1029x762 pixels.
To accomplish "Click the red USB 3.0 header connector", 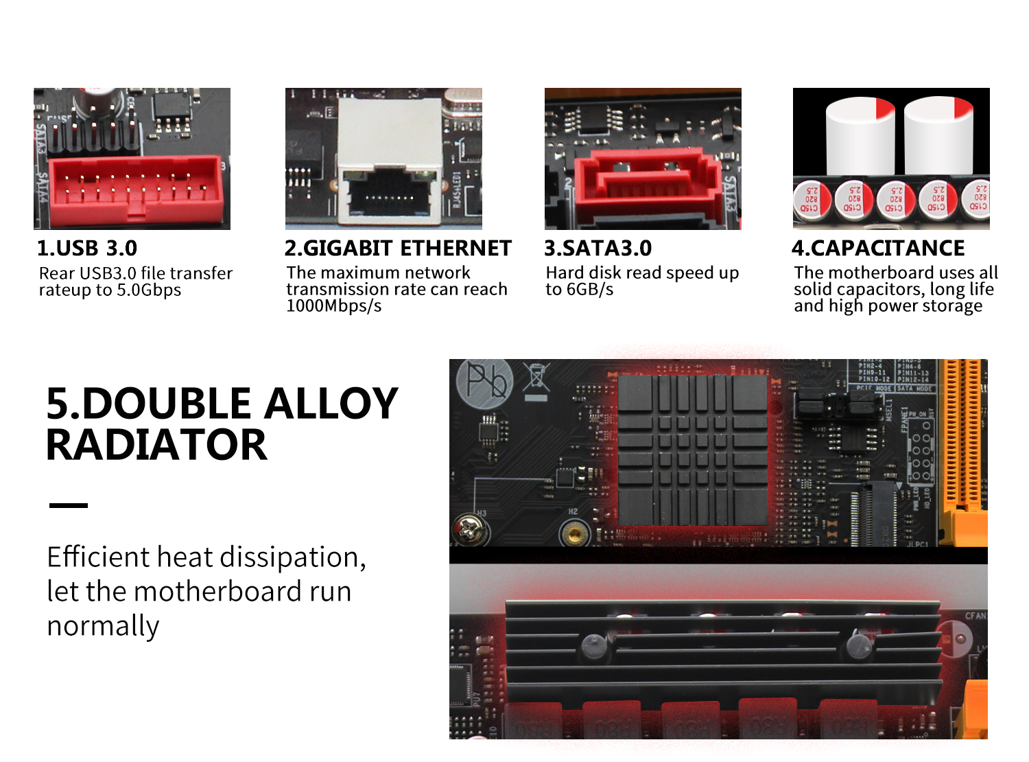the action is click(135, 190).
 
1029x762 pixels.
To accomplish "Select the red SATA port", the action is click(646, 184).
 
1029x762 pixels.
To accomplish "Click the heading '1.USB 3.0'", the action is click(87, 249).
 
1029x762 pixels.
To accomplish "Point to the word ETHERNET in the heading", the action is click(456, 249).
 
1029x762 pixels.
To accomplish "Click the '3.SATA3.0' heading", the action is click(598, 249).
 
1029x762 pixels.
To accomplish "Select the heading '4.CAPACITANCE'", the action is click(878, 249).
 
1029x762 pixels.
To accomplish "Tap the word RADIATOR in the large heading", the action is click(157, 444).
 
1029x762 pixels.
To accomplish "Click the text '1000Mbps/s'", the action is click(334, 306).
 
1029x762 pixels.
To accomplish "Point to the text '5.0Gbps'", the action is click(148, 290).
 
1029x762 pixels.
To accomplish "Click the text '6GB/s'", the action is click(590, 289).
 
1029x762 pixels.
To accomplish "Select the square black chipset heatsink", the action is click(693, 450).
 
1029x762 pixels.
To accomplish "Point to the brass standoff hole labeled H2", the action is click(574, 533).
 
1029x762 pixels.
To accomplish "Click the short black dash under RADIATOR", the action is click(68, 505).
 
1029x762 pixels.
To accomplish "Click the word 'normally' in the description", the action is click(103, 626).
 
